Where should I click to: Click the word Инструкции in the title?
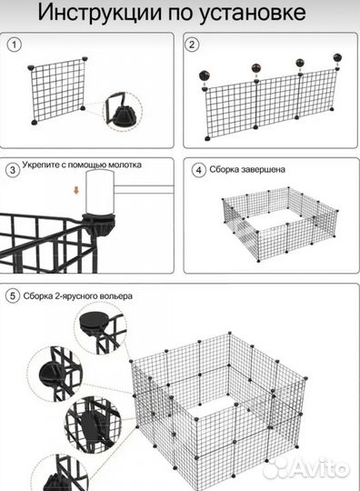pyautogui.click(x=100, y=13)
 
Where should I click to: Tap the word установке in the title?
pyautogui.click(x=253, y=14)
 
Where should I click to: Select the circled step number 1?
pyautogui.click(x=14, y=45)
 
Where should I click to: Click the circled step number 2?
pyautogui.click(x=192, y=45)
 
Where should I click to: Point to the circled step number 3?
pyautogui.click(x=13, y=170)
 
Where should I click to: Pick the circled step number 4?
pyautogui.click(x=198, y=170)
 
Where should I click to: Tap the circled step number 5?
pyautogui.click(x=13, y=296)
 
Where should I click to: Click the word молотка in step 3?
pyautogui.click(x=125, y=165)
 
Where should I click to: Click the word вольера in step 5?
pyautogui.click(x=115, y=296)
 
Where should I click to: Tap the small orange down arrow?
pyautogui.click(x=76, y=190)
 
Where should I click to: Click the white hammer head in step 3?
pyautogui.click(x=100, y=192)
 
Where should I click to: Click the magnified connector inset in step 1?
pyautogui.click(x=123, y=112)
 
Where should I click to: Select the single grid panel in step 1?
pyautogui.click(x=57, y=91)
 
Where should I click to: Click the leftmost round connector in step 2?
pyautogui.click(x=205, y=75)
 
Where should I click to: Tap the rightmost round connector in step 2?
pyautogui.click(x=337, y=57)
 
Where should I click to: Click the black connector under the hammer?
pyautogui.click(x=99, y=224)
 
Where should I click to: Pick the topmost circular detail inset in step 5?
pyautogui.click(x=101, y=329)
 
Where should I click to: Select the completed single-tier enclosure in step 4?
pyautogui.click(x=281, y=224)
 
